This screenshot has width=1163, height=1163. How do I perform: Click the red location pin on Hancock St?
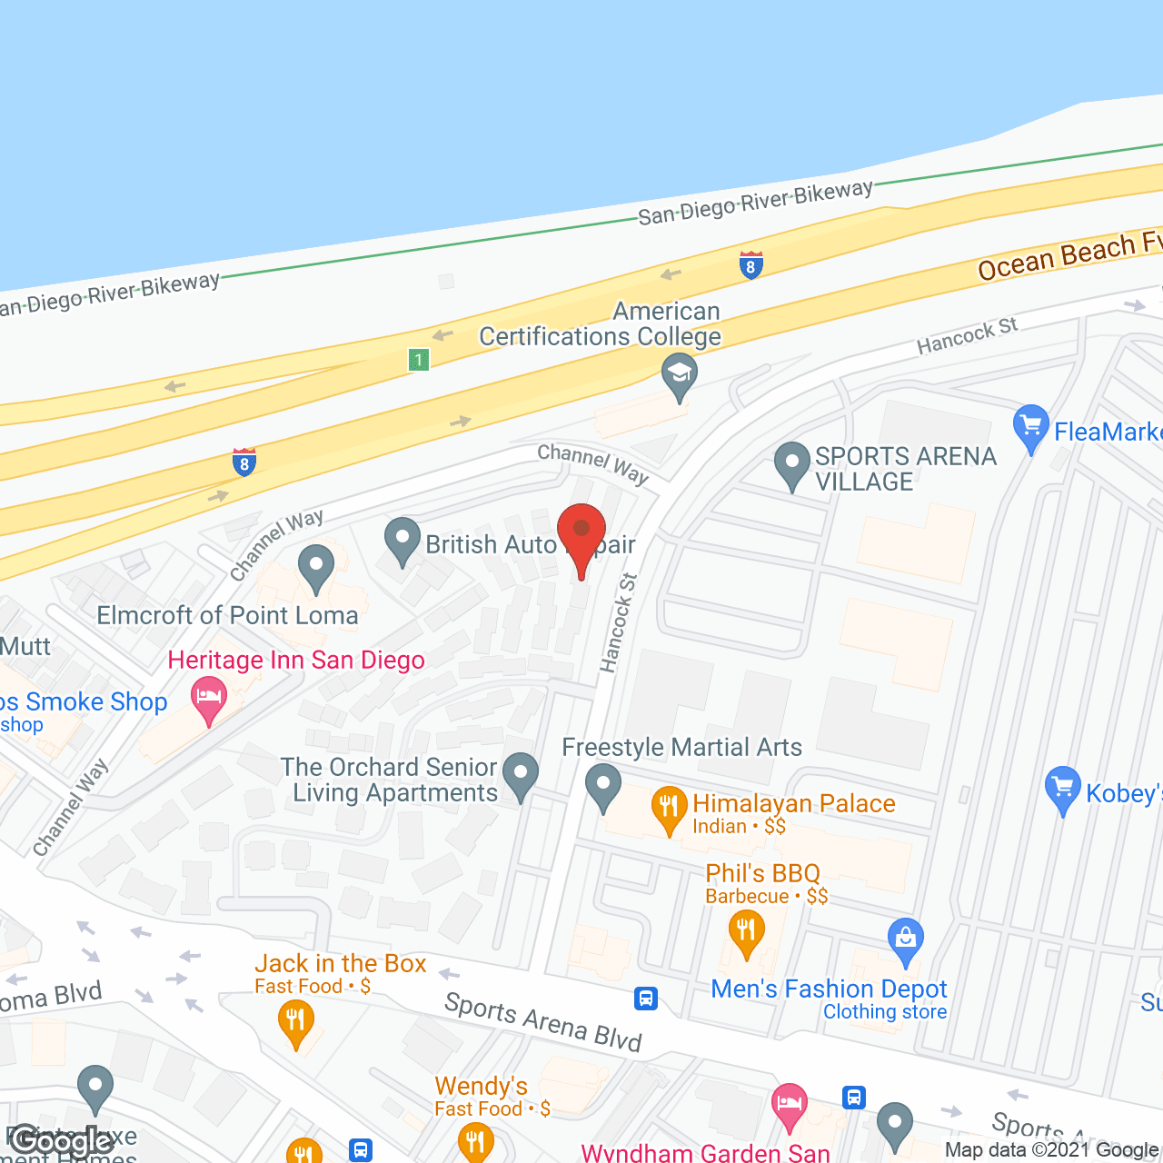click(x=581, y=532)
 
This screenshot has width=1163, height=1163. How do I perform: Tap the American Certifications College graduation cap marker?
click(x=679, y=373)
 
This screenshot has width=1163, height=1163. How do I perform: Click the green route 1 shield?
click(x=418, y=360)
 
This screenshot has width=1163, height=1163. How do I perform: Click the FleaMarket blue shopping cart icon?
click(x=1030, y=425)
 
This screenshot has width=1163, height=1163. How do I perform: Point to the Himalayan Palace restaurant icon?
click(x=669, y=806)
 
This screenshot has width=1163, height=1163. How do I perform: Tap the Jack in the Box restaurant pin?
click(x=295, y=1019)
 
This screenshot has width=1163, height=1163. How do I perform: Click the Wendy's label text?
click(x=481, y=1086)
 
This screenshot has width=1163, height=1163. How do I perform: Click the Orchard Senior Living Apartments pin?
click(x=521, y=773)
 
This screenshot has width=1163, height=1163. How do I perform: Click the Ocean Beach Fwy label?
click(x=1069, y=255)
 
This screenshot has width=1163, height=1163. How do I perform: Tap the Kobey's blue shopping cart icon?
click(x=1062, y=788)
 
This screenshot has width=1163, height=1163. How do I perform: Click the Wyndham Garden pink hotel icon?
click(x=789, y=1104)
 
